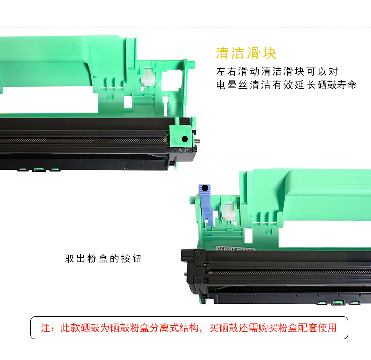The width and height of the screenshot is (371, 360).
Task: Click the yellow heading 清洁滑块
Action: click(246, 53)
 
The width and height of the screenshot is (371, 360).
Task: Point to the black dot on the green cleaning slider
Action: click(185, 139)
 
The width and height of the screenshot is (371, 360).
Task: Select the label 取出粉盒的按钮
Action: click(103, 258)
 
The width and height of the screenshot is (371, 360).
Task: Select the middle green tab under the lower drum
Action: click(338, 302)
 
